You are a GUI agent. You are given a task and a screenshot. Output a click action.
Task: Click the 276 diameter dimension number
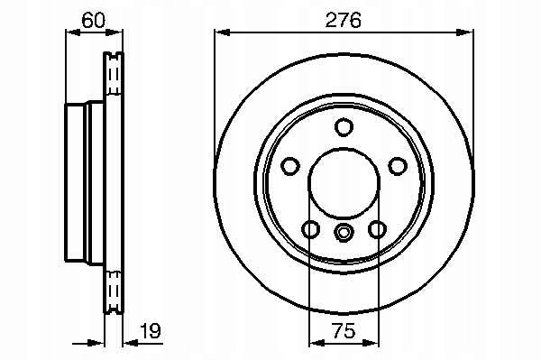(343, 20)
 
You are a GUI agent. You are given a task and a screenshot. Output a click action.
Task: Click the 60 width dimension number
(93, 20)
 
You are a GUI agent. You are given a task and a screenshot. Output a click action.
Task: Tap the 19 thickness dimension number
(150, 330)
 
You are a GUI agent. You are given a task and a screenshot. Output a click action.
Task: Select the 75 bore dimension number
(344, 330)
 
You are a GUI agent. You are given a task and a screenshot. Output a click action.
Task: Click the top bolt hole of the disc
(344, 126)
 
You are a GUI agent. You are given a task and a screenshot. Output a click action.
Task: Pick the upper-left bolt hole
(289, 166)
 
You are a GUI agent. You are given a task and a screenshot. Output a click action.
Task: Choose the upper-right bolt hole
(398, 166)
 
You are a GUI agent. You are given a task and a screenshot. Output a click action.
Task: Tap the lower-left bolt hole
(310, 229)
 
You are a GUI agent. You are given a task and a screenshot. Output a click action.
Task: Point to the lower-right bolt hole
(377, 229)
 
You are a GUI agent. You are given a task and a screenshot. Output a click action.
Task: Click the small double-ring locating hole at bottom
(344, 232)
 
